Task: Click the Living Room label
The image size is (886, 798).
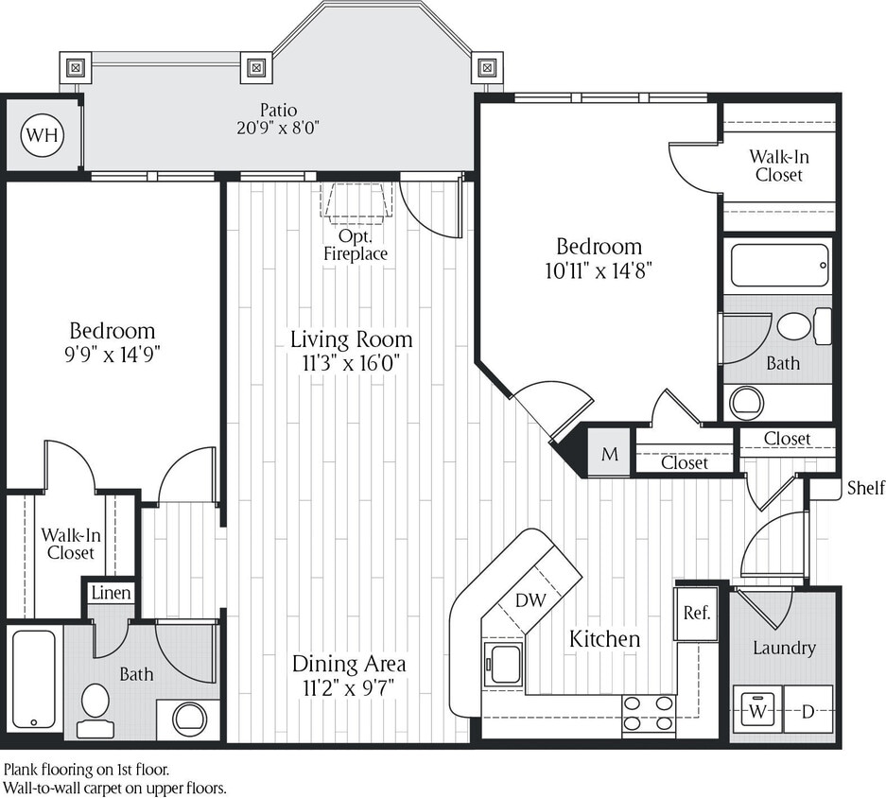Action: click(351, 339)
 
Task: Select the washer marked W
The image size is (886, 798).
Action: click(756, 710)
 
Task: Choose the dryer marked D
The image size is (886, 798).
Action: click(808, 710)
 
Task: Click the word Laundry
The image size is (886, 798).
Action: click(784, 648)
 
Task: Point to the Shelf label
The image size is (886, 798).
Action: click(865, 488)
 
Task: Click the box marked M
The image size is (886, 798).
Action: click(610, 455)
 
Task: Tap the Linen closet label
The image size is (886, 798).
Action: click(112, 593)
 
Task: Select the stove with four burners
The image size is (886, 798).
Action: click(649, 716)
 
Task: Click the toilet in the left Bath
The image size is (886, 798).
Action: click(95, 707)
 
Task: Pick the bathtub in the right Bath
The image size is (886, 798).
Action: click(780, 265)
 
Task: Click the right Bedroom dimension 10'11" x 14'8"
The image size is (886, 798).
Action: click(598, 270)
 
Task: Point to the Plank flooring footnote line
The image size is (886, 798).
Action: click(87, 770)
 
